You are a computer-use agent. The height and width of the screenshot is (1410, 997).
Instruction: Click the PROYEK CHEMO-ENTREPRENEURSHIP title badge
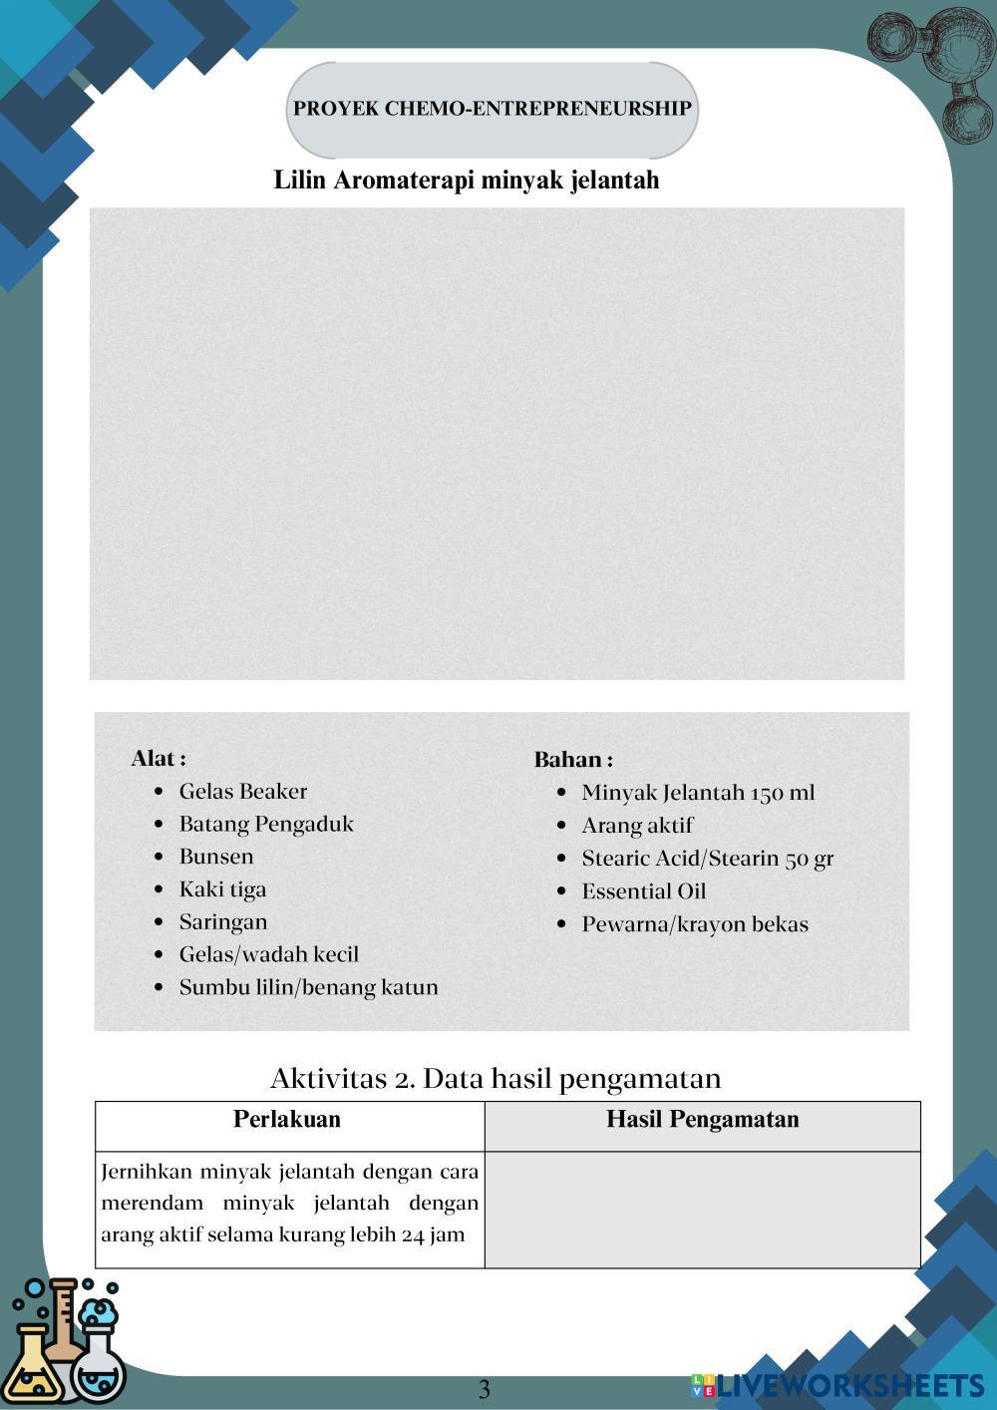click(x=493, y=109)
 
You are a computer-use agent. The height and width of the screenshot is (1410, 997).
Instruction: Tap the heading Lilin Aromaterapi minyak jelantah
click(x=467, y=180)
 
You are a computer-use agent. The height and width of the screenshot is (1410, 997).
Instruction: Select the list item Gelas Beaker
click(x=243, y=792)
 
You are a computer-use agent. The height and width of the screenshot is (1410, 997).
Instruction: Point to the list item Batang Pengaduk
click(x=266, y=825)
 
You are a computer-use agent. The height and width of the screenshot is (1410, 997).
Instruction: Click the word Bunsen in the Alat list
click(x=216, y=857)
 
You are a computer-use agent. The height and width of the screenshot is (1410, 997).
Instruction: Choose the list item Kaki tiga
click(x=222, y=889)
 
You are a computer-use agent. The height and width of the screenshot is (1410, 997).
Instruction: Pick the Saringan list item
click(x=223, y=922)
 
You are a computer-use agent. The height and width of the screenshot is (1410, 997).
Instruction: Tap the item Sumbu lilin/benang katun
click(x=308, y=987)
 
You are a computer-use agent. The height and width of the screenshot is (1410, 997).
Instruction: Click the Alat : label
click(x=159, y=759)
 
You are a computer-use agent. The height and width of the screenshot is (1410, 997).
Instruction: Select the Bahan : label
click(x=573, y=760)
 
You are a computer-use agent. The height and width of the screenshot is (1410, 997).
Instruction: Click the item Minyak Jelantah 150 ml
click(x=698, y=793)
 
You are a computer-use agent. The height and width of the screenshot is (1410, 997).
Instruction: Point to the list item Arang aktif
click(x=637, y=826)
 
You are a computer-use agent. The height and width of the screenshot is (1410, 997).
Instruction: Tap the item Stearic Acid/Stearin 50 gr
click(x=708, y=859)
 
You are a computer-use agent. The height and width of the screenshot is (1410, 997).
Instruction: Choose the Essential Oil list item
click(x=644, y=891)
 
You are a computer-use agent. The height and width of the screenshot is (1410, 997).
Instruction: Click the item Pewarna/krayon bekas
click(x=695, y=924)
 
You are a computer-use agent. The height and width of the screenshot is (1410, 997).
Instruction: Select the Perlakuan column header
click(x=287, y=1120)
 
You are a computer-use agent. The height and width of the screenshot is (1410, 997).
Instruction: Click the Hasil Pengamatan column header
click(x=703, y=1120)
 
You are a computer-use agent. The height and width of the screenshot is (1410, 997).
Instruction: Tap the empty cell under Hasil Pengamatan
click(x=703, y=1210)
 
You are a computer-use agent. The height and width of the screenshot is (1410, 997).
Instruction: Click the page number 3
click(x=485, y=1389)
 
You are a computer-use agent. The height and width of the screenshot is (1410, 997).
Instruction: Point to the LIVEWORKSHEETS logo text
click(x=849, y=1385)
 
